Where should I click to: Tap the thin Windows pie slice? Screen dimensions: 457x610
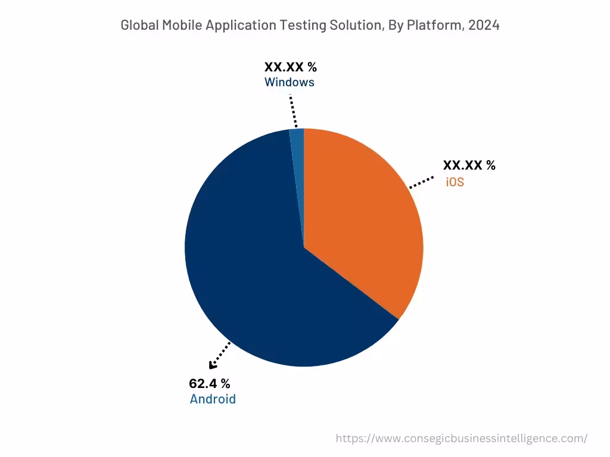(x=297, y=136)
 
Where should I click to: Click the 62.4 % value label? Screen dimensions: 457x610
(x=209, y=384)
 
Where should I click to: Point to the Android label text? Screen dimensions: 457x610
(x=213, y=399)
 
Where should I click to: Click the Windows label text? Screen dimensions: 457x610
(x=290, y=82)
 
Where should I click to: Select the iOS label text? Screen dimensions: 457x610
(x=455, y=182)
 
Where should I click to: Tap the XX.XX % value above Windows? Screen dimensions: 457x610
(x=291, y=67)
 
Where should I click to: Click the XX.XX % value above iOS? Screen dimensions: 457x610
(x=469, y=166)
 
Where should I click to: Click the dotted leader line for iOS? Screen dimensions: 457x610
(x=421, y=183)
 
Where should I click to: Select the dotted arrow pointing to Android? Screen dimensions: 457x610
(x=219, y=356)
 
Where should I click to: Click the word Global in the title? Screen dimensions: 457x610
(x=139, y=25)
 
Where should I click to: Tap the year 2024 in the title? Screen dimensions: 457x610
(x=484, y=25)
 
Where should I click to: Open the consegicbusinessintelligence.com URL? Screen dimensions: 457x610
(x=461, y=439)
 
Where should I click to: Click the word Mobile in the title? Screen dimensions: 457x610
(x=181, y=25)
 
